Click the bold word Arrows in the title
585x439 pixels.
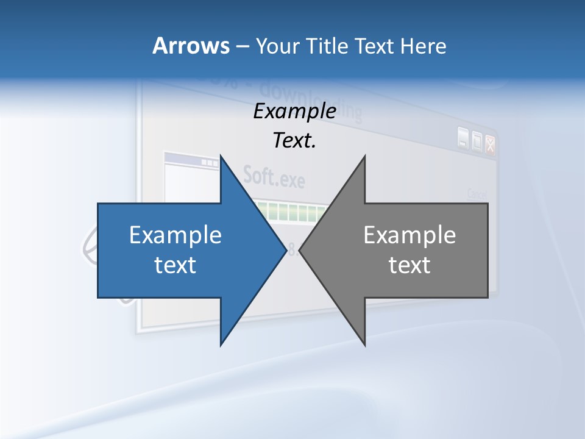click(x=190, y=46)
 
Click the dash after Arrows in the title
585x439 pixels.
click(x=242, y=46)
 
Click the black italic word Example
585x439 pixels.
click(x=294, y=112)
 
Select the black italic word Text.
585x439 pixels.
click(x=294, y=141)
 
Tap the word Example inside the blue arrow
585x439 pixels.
click(x=175, y=235)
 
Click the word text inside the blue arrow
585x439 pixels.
click(x=175, y=265)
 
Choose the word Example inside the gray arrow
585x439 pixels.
click(x=409, y=235)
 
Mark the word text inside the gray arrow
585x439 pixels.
click(x=409, y=265)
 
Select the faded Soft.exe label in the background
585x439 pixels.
click(x=274, y=176)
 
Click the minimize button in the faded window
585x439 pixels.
click(x=464, y=140)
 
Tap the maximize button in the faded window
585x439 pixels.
click(x=477, y=141)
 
